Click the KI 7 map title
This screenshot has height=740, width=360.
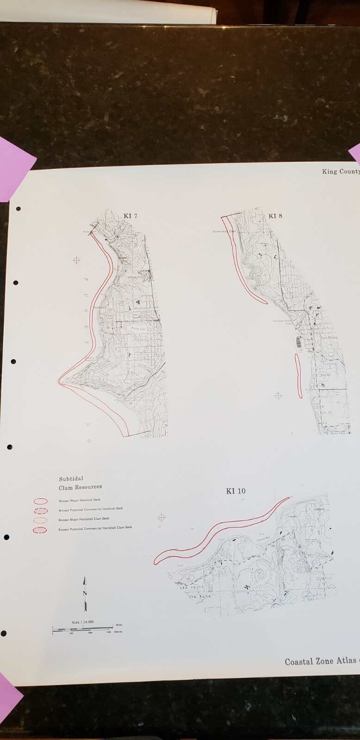click(x=130, y=216)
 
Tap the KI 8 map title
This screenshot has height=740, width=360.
click(x=275, y=216)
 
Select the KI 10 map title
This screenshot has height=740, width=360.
click(x=236, y=491)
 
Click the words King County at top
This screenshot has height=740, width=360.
click(x=341, y=172)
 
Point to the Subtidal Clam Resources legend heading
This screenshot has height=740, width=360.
click(x=80, y=483)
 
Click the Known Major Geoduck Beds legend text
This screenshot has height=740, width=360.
click(x=79, y=500)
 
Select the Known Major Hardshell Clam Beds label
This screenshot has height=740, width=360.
click(x=84, y=519)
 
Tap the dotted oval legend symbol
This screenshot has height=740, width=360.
click(x=41, y=520)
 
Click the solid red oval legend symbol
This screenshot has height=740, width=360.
click(x=41, y=501)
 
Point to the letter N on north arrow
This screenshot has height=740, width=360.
click(x=85, y=593)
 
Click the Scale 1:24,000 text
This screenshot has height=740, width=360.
click(x=83, y=622)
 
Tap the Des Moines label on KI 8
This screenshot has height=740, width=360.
click(x=329, y=338)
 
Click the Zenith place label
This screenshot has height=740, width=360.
click(x=325, y=376)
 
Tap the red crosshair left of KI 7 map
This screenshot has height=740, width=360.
click(x=77, y=260)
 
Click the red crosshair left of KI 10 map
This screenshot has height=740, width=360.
click(x=161, y=517)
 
